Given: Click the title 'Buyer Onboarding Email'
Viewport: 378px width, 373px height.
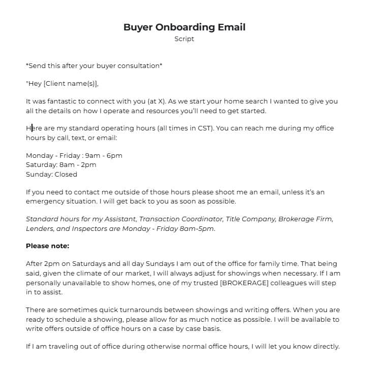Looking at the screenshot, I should click(184, 27).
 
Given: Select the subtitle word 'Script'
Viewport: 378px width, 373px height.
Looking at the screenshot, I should click(184, 39).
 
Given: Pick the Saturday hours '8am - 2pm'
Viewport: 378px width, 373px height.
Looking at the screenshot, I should click(79, 164).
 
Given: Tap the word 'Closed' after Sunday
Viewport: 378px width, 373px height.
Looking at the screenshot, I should click(66, 174).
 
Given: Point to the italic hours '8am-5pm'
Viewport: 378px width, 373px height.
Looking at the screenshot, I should click(200, 228).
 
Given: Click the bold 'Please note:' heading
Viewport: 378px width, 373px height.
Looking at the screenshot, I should click(47, 246).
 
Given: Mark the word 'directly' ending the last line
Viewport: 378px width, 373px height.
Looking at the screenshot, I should click(324, 347).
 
